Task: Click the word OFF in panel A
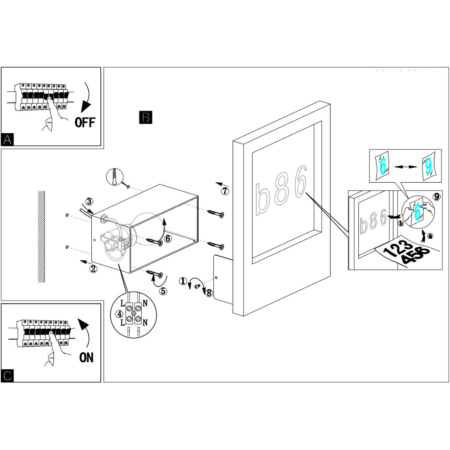(85, 122)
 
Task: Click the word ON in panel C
(86, 357)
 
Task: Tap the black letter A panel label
(8, 139)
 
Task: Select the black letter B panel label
(146, 117)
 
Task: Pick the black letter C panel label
(8, 376)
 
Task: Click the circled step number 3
(89, 201)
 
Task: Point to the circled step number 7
(225, 192)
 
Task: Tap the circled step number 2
(93, 268)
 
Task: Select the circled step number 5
(163, 291)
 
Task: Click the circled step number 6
(168, 239)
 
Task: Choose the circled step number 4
(119, 314)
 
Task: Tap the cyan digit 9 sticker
(428, 167)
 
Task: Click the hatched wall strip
(41, 237)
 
